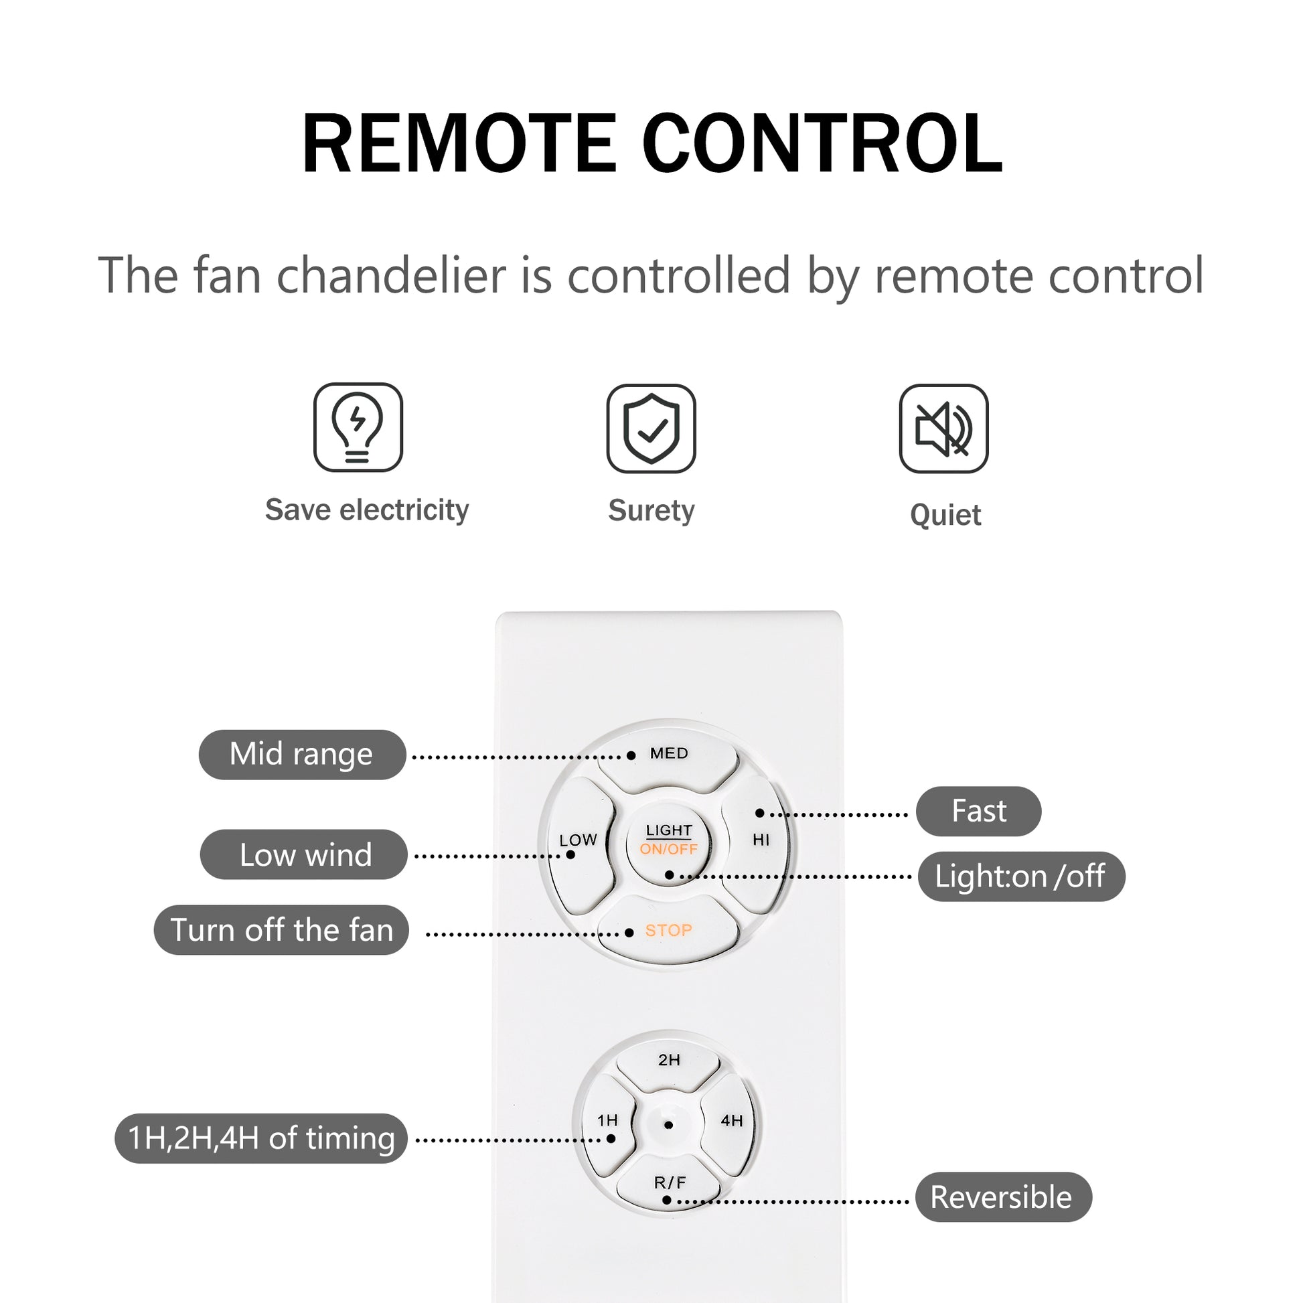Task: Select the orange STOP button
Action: click(x=668, y=931)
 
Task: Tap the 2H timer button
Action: click(x=668, y=1061)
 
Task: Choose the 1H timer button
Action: click(x=608, y=1122)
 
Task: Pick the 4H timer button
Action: click(x=731, y=1122)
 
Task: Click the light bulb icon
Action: click(x=358, y=428)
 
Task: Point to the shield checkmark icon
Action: click(x=651, y=429)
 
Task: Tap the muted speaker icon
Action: click(x=943, y=429)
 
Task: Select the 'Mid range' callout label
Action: click(x=301, y=755)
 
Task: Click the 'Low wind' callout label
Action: click(x=304, y=854)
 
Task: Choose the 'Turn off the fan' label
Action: click(x=281, y=930)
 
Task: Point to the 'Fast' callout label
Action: click(x=979, y=812)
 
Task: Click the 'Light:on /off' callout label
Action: click(x=1020, y=876)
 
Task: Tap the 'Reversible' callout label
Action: click(x=1002, y=1197)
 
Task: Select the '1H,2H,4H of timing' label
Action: click(x=261, y=1138)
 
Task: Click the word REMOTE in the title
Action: click(x=459, y=145)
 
